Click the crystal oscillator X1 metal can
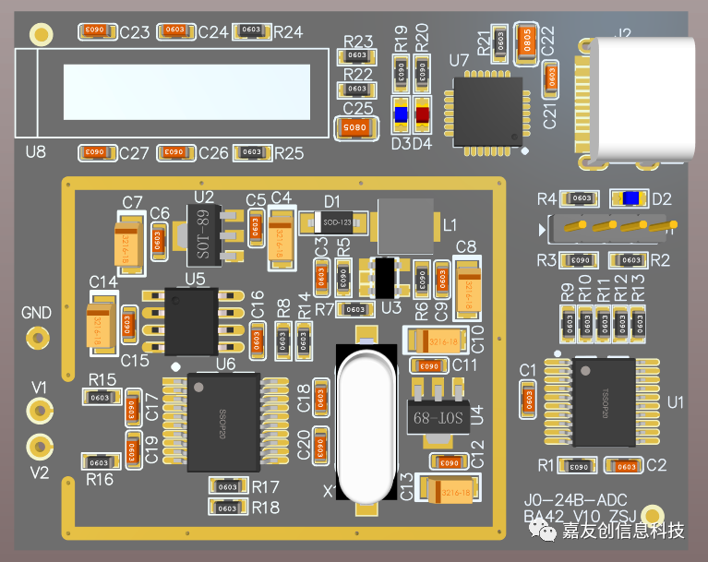coord(368,424)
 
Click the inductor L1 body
coord(405,224)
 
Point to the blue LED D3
coord(402,115)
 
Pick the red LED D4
coord(423,115)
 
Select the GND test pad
coord(37,336)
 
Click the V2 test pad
coord(38,447)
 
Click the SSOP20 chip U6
coord(222,421)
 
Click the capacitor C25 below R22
coord(356,128)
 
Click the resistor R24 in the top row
coord(251,30)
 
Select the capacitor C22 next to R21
coord(527,42)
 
